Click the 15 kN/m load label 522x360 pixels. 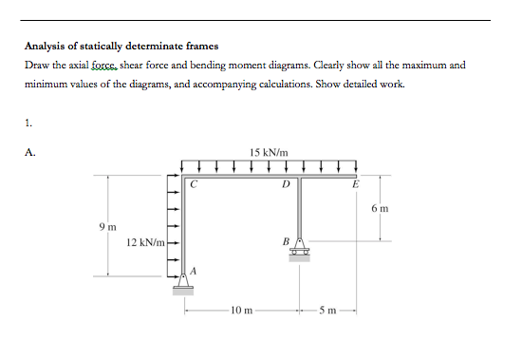[269, 152]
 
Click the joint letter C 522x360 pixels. [193, 186]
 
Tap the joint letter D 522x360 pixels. [286, 186]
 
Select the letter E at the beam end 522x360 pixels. [356, 186]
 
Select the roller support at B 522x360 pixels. [299, 249]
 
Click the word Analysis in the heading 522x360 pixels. [47, 46]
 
